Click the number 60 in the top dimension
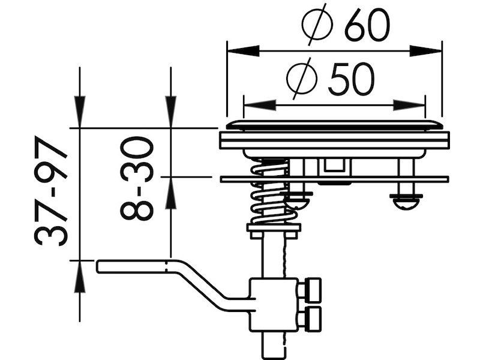click(367, 25)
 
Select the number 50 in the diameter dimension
click(351, 79)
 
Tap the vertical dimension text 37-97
click(52, 192)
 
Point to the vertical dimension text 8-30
click(137, 178)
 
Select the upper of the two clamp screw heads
click(312, 289)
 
